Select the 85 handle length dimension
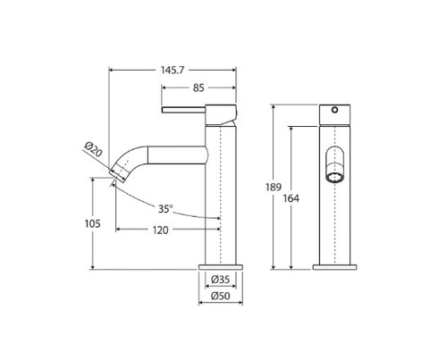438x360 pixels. point(197,88)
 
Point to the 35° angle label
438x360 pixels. point(164,209)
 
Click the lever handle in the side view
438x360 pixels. point(190,112)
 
